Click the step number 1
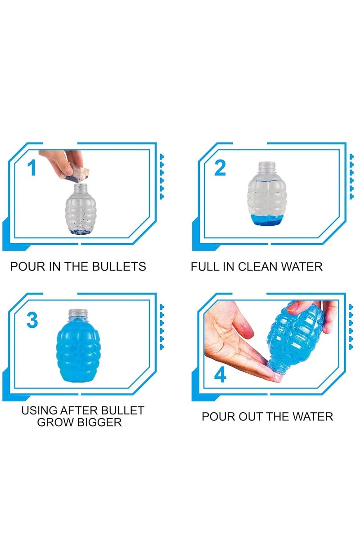31,168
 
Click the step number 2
220,168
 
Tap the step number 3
32,320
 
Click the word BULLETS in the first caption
119,267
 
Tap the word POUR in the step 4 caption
217,416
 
